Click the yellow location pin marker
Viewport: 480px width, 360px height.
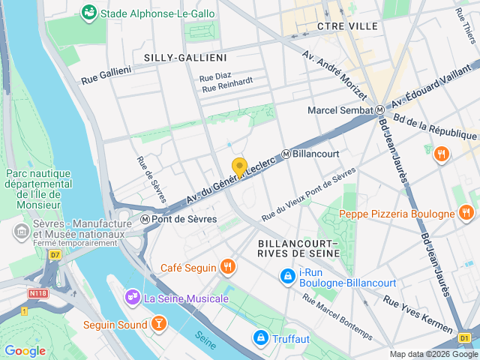(239, 167)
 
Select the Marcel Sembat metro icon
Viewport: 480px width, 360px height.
(379, 110)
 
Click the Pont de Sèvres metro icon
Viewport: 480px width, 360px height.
(145, 219)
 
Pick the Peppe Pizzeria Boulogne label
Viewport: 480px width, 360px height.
(397, 214)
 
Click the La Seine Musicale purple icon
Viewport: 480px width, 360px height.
(133, 298)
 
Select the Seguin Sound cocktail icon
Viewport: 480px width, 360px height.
(159, 323)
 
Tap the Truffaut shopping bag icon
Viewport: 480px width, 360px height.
(260, 337)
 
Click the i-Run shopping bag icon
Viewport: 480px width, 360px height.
(287, 277)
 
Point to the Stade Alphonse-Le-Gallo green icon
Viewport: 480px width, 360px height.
(89, 12)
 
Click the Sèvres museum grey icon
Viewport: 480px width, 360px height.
(20, 232)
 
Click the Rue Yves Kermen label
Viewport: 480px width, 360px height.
(417, 313)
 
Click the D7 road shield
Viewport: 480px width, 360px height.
(55, 254)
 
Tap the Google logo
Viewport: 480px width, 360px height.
(25, 350)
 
